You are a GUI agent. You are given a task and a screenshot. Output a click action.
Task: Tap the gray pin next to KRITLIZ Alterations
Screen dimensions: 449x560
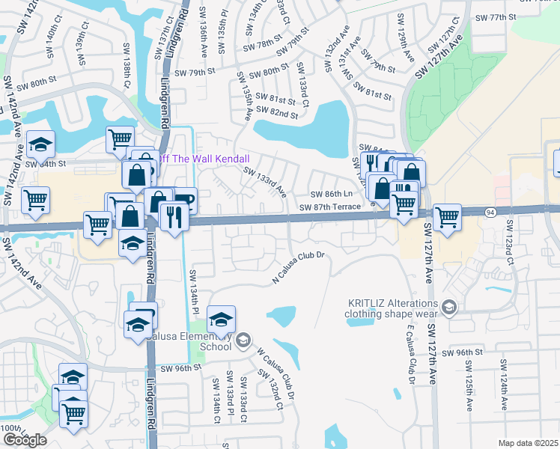448,307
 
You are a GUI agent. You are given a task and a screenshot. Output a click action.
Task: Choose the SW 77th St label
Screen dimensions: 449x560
496,16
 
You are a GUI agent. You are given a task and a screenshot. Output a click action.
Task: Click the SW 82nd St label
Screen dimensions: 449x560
277,113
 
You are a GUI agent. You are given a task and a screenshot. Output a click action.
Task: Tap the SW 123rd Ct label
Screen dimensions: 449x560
511,241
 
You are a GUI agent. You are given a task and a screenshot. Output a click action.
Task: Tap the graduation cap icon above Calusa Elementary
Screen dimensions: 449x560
222,320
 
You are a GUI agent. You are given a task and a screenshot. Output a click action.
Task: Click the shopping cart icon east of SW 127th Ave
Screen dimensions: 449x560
447,217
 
